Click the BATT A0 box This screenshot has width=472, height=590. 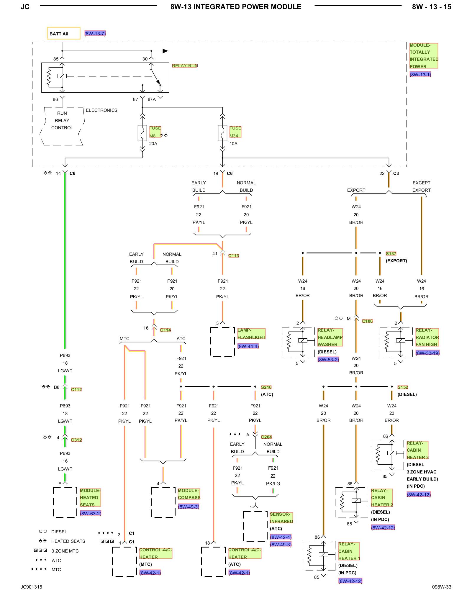coord(63,33)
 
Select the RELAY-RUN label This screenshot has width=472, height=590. coord(185,66)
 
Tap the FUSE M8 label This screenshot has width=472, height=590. coord(155,132)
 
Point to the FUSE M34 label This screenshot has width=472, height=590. coord(235,132)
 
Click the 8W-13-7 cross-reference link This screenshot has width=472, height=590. coord(95,34)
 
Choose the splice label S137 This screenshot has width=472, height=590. coord(391,254)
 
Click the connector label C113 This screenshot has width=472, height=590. coord(234,256)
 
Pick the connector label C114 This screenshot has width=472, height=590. coord(165,330)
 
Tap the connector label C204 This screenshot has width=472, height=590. coord(266,437)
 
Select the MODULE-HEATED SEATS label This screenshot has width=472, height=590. coord(90,498)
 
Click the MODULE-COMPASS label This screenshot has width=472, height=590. coord(189,494)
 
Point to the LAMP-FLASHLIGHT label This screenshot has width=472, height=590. coord(251,334)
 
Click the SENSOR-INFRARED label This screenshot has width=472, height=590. coord(281,518)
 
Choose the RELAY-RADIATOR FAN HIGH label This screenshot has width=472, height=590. coord(427,337)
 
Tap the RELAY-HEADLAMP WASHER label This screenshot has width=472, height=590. coord(330,337)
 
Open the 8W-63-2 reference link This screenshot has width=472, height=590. coord(91,514)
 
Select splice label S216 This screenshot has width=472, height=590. coord(266,387)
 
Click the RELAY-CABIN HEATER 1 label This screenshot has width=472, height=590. coord(349,551)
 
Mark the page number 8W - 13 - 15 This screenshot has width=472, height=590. coord(432,7)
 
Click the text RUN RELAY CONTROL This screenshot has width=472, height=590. coord(62,120)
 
